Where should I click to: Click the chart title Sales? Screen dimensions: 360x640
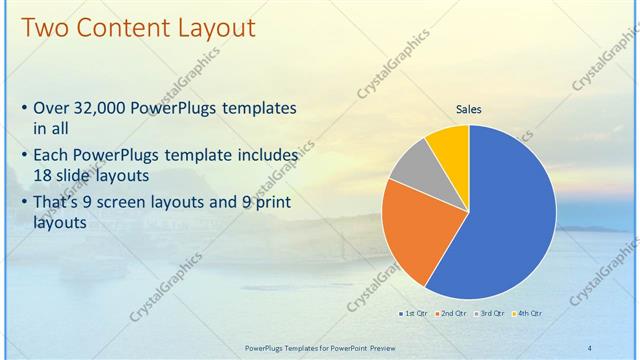469,108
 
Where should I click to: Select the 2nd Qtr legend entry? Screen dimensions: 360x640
452,314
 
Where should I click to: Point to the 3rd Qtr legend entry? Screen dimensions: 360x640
490,314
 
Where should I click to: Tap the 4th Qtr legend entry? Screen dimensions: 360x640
527,314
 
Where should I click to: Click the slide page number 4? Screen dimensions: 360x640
589,347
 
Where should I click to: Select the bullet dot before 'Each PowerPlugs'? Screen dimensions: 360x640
24,157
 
